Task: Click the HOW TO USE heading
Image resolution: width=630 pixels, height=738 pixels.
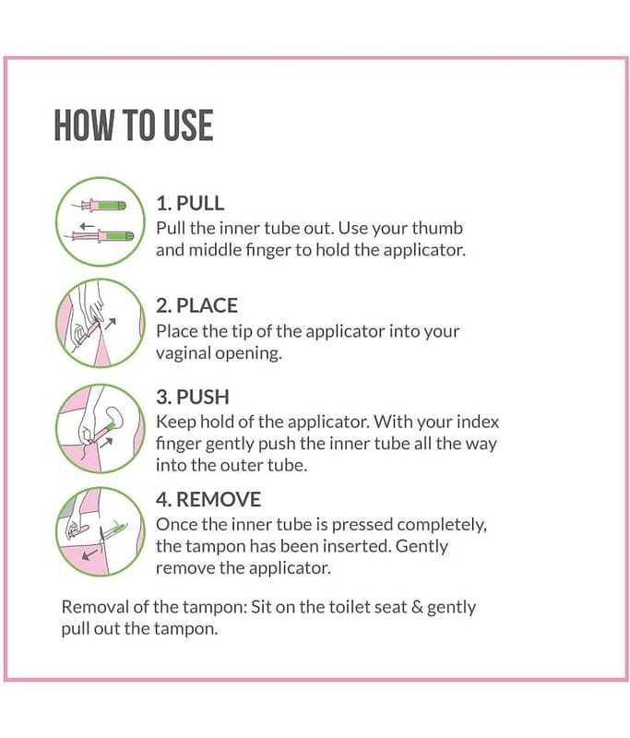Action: [134, 125]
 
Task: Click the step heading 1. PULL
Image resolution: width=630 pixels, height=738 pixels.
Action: [190, 203]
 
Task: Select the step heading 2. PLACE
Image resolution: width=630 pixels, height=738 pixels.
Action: [196, 306]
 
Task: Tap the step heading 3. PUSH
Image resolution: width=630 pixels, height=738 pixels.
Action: [193, 397]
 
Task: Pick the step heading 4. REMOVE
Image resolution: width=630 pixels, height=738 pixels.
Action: [208, 499]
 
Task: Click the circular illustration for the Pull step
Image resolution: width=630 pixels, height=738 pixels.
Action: [100, 221]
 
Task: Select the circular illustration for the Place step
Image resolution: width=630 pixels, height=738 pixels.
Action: [100, 324]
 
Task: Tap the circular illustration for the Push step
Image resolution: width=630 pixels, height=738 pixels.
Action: [100, 429]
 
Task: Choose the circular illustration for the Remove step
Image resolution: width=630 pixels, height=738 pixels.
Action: [100, 531]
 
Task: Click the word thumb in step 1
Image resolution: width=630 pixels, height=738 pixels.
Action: [437, 228]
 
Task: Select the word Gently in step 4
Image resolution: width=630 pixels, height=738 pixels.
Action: [422, 546]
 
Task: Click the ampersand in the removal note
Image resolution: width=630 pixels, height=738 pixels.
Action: [417, 607]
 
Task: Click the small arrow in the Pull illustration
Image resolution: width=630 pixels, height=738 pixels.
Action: [87, 225]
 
